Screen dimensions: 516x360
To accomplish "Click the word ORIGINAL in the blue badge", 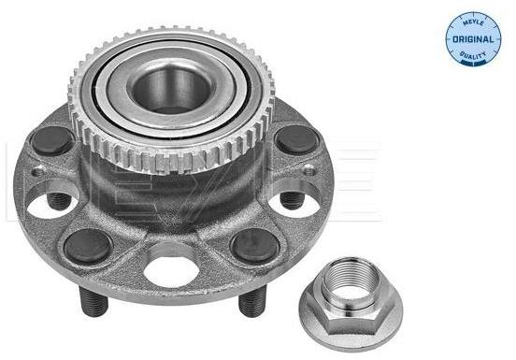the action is [473, 39].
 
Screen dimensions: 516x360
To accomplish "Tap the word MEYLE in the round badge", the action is [473, 23].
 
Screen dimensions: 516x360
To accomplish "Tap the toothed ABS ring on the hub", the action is [170, 99].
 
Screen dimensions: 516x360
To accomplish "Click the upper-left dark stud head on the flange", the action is [52, 140].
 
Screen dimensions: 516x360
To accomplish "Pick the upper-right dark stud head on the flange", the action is [296, 139].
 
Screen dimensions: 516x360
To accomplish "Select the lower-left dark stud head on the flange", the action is [88, 246].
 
